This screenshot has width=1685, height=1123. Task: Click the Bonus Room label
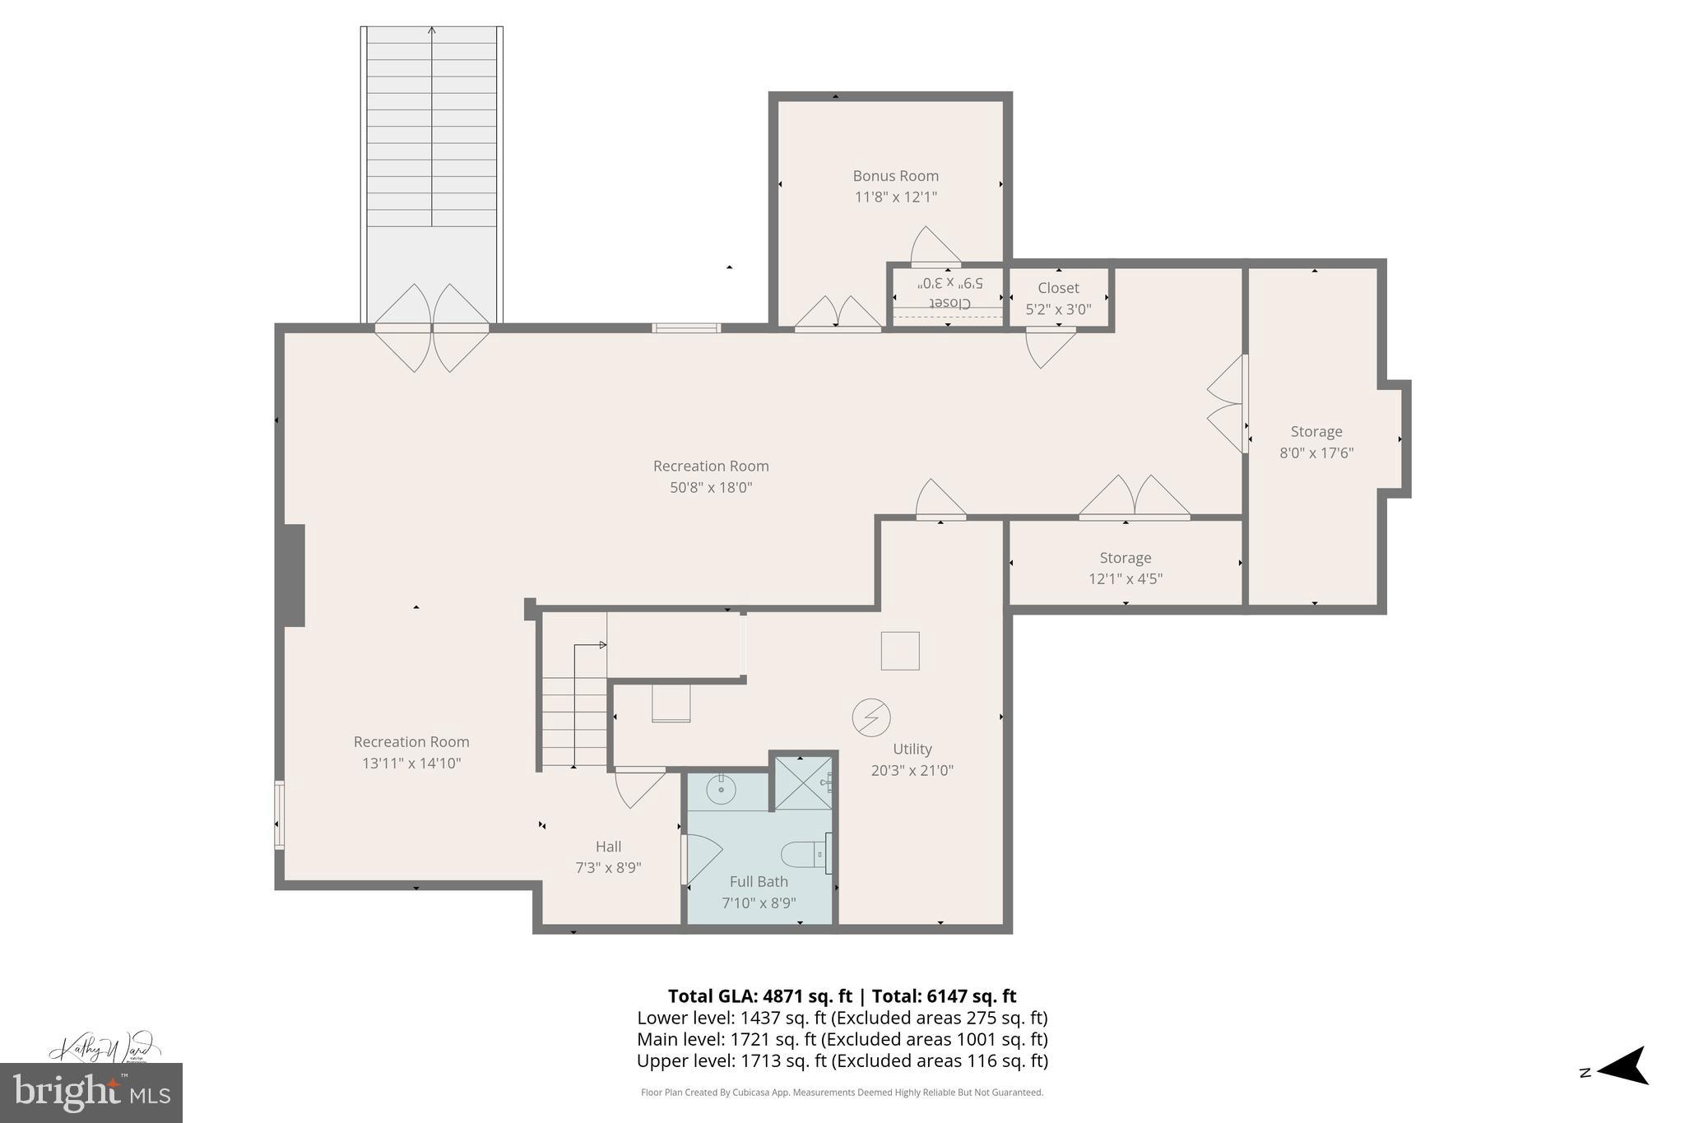pos(895,176)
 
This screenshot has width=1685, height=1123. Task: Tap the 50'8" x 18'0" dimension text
pos(711,487)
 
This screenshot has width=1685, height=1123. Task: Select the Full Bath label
pos(758,881)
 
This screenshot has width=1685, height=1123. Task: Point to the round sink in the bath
pos(721,791)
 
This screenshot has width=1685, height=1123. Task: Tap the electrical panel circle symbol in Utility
pos(871,717)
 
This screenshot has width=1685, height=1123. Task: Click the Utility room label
pos(912,749)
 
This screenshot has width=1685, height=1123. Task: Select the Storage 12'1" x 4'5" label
pos(1125,568)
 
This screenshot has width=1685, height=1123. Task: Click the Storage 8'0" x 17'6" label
pos(1316,442)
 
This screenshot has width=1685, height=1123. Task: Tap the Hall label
pos(608,847)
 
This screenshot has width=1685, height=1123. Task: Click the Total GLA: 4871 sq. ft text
pos(759,996)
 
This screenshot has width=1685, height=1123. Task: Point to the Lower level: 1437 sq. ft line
pos(842,1018)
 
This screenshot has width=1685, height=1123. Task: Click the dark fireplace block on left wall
pos(295,575)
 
